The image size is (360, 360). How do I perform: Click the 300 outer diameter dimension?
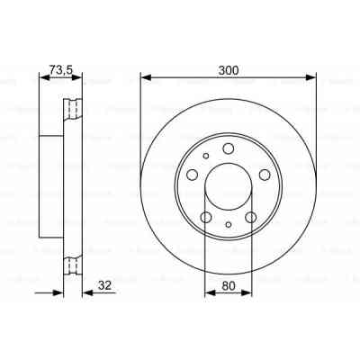pos(229,66)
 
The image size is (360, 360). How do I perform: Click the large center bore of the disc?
pos(229,184)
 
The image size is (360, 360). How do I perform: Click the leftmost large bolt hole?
pos(193,175)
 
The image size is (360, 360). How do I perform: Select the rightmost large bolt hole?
pos(265,175)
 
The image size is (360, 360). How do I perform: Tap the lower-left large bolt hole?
pos(206,216)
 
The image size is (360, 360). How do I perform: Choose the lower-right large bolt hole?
pos(251,216)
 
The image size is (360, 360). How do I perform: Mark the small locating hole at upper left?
pos(207,156)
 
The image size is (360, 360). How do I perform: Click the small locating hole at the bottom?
pos(229,225)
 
